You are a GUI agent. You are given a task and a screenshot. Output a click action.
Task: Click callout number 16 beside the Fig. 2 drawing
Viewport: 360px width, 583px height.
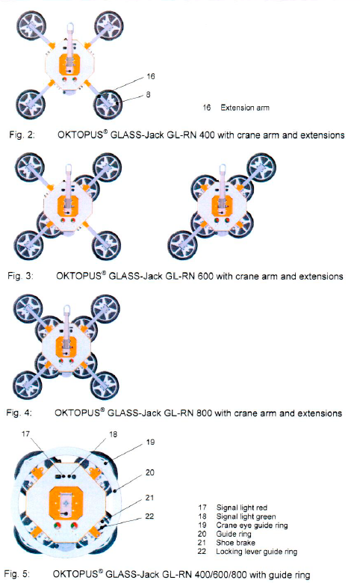click(150, 76)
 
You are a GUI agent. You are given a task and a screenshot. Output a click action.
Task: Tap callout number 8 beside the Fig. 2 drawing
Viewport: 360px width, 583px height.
click(148, 94)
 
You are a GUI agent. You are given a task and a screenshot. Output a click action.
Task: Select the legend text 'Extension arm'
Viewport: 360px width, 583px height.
click(245, 108)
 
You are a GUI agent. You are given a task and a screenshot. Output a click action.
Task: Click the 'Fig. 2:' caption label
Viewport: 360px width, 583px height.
click(22, 135)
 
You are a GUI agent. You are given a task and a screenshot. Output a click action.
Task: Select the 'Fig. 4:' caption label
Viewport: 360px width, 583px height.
click(19, 413)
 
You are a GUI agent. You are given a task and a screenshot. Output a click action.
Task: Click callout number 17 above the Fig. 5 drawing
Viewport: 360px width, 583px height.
click(25, 434)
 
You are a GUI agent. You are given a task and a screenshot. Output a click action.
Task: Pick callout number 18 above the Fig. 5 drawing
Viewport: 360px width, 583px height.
click(113, 434)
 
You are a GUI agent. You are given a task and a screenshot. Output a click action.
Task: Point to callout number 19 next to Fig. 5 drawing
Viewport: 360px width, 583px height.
click(150, 442)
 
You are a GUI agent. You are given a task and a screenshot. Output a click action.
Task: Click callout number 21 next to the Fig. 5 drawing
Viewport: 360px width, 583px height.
click(149, 498)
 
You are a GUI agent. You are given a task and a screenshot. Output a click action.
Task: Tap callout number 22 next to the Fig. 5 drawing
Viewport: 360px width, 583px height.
click(149, 516)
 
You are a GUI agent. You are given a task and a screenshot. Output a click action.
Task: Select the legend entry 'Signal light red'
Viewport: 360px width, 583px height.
click(242, 508)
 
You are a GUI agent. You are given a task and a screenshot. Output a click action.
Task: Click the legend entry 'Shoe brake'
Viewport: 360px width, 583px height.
click(235, 543)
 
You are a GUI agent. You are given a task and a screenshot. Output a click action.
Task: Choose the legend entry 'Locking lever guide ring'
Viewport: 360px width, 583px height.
click(257, 552)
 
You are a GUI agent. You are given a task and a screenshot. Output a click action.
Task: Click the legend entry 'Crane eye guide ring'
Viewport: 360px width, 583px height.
click(252, 525)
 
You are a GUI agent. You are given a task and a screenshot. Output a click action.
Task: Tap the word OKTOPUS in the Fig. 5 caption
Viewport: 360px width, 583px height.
click(75, 574)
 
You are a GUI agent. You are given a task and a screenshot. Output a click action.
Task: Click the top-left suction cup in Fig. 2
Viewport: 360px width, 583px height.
click(32, 26)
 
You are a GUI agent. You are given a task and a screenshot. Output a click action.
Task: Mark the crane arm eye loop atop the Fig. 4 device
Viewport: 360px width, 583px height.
click(67, 309)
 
